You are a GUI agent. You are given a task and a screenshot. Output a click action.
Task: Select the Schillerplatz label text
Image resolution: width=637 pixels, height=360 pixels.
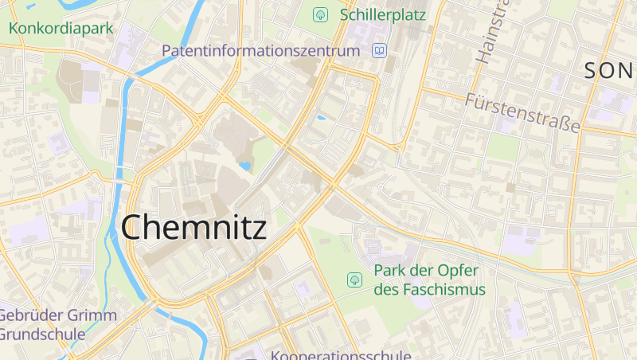pos(382,14)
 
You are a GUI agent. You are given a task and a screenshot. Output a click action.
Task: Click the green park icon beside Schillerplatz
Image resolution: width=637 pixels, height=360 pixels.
pos(321,14)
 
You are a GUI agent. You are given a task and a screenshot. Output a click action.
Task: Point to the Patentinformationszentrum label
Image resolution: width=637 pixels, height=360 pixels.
pos(261,51)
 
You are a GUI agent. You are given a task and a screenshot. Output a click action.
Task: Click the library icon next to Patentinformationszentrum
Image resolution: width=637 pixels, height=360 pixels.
pos(380,51)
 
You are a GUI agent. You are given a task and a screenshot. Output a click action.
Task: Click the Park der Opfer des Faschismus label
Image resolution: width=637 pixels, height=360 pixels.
pos(429,280)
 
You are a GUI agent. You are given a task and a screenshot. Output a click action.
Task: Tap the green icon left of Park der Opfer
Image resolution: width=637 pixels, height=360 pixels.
pos(354,280)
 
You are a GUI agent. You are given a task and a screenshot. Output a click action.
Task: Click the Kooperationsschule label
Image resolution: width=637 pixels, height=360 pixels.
pos(341,355)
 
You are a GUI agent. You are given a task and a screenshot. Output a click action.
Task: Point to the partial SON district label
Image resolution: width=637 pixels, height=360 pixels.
pos(610,71)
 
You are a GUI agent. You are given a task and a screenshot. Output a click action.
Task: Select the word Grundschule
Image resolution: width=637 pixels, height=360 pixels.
pos(43,334)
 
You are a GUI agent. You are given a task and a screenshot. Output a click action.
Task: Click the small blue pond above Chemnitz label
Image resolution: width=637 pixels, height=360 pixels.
pos(244,166)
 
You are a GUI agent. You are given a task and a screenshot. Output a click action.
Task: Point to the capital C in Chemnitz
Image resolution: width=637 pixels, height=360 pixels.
pos(133,228)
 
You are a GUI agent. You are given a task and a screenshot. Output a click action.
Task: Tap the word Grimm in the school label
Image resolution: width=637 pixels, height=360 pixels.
pos(90,315)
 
